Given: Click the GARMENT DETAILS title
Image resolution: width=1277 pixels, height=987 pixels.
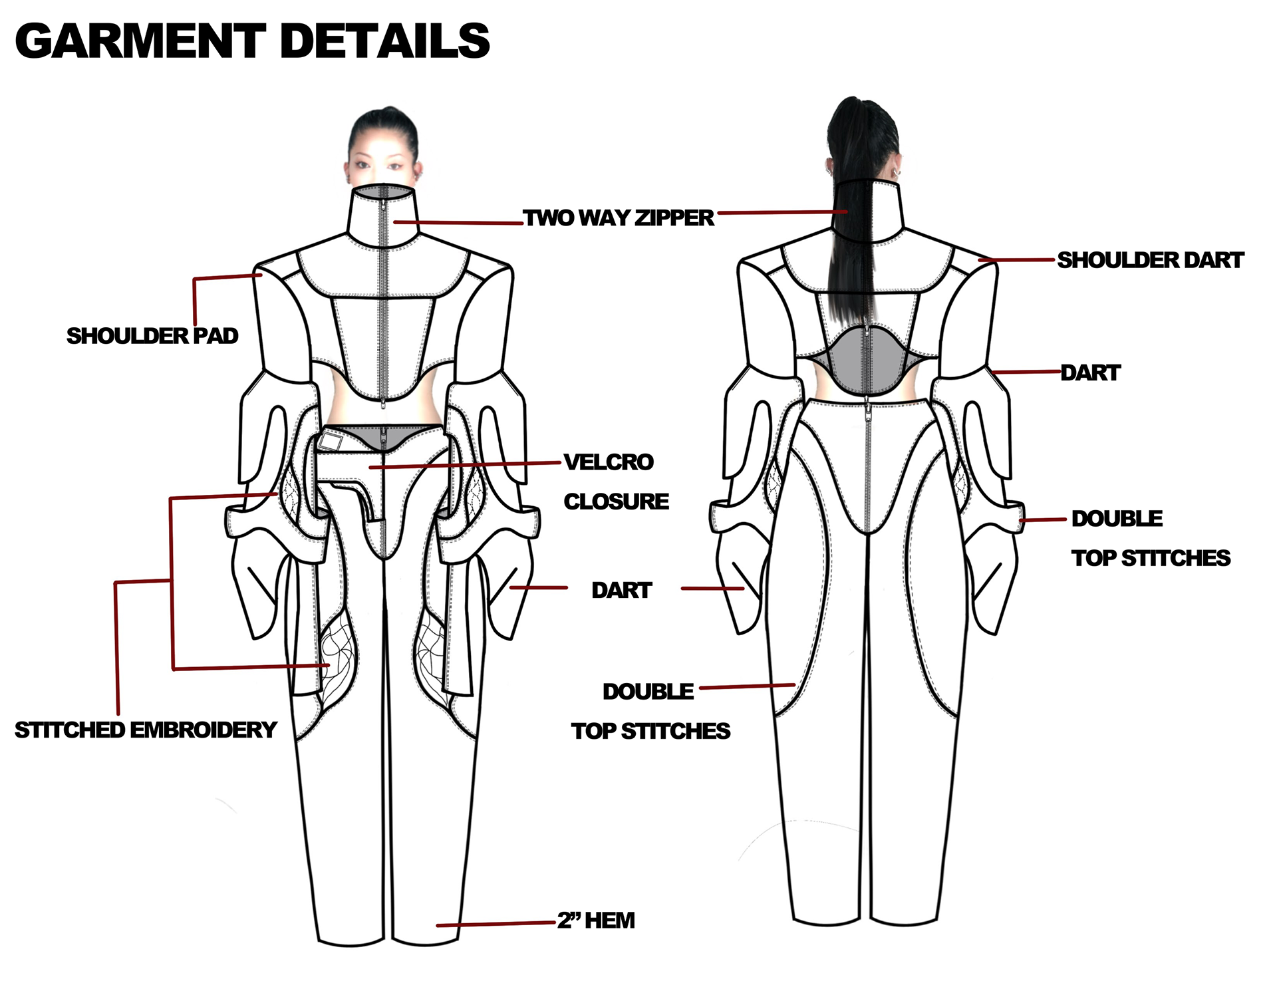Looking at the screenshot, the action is pos(252,41).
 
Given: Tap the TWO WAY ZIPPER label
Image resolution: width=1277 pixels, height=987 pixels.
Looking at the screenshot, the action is pos(618,217).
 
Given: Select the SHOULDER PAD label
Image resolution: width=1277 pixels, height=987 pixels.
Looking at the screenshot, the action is pos(152,336).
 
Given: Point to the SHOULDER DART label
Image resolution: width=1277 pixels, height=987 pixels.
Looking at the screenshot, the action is pos(1150,260).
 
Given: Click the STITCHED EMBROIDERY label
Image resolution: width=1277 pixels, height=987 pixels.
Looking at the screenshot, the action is pos(146,730).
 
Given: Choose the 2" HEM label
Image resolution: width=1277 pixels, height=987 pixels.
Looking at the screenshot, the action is pos(596,920).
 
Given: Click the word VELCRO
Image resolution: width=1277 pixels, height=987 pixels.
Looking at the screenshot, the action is pos(609,462).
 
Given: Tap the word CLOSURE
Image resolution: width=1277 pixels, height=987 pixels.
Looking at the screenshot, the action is pos(617,501).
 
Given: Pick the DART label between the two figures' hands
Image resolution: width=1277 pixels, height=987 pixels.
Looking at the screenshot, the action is pos(622,590).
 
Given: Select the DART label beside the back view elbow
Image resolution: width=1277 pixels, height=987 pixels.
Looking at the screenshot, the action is pos(1090,372).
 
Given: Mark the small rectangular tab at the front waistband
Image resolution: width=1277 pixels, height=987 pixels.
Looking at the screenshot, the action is pos(330,441).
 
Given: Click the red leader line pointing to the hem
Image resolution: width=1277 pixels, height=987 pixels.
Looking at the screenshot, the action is pos(496,924).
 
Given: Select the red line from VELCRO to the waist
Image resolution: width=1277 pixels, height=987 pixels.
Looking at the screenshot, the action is pos(465,465).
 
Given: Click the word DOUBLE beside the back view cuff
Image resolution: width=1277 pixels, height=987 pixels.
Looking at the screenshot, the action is pos(1117,519).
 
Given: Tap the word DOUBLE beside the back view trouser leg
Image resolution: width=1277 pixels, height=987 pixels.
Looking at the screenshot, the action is pos(648,692).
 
